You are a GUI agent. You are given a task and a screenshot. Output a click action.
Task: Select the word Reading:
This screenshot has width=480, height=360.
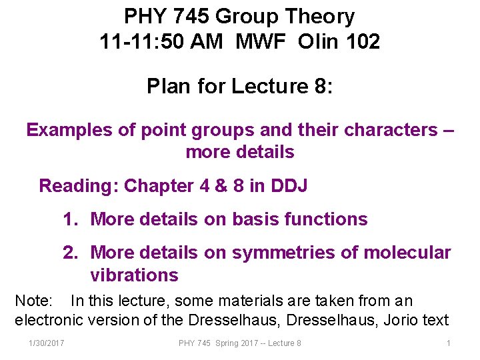pos(79,185)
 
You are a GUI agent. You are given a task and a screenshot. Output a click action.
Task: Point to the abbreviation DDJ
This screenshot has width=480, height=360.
pos(289,185)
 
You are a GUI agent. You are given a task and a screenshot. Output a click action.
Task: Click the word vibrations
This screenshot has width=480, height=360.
pos(134,275)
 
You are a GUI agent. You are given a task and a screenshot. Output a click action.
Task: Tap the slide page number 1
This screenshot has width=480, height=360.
pos(449,343)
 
